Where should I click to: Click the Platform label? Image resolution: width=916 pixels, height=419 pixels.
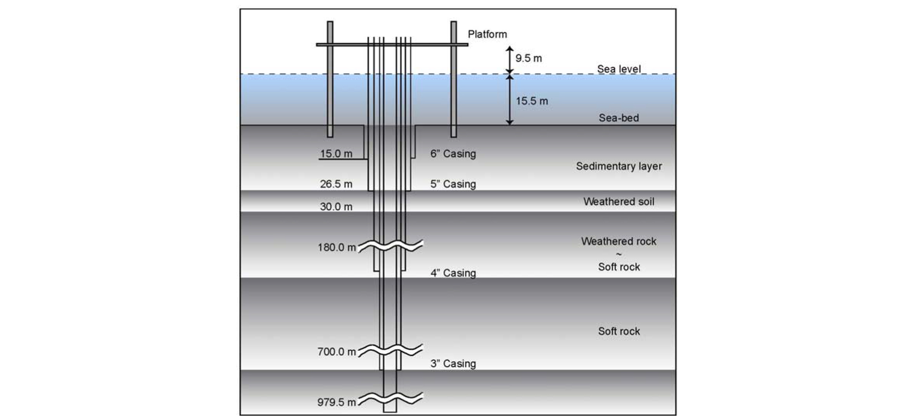[x=487, y=34]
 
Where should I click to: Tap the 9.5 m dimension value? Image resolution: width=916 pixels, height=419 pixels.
[x=528, y=59]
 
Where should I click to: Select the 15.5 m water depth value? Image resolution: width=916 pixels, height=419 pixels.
[x=531, y=101]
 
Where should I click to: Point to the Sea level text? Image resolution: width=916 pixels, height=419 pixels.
[x=619, y=69]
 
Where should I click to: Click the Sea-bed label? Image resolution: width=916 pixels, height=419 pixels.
[x=619, y=118]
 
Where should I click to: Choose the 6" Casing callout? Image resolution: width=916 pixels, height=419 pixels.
[x=453, y=154]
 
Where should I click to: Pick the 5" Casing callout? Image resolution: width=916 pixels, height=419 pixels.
[x=453, y=184]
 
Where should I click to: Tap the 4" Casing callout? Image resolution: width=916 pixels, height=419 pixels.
[x=453, y=273]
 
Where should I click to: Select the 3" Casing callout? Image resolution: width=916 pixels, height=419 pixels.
[x=453, y=364]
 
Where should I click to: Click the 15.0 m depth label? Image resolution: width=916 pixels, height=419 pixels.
[x=336, y=154]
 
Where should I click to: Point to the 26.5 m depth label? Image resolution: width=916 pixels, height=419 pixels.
[x=336, y=184]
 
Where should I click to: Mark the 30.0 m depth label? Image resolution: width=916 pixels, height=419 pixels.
[x=336, y=207]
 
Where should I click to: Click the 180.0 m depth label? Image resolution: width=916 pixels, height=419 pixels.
[x=336, y=247]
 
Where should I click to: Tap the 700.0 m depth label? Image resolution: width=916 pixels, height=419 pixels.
[x=336, y=352]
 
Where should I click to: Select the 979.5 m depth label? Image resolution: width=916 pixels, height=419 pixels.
[x=336, y=402]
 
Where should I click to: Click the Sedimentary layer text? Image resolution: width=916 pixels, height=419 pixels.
[x=619, y=166]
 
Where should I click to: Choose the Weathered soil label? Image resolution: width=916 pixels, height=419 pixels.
[x=619, y=202]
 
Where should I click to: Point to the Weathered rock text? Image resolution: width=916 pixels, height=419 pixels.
[x=619, y=241]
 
